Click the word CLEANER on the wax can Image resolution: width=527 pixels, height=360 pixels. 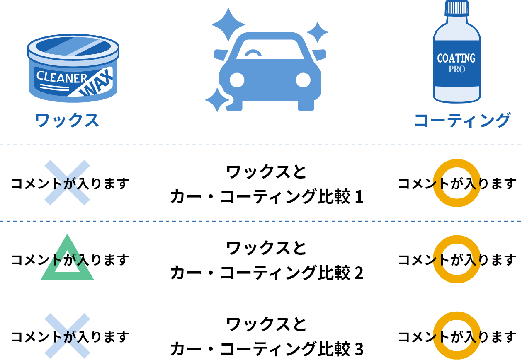pos(61,77)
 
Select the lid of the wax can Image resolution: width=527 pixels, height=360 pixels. pos(73,46)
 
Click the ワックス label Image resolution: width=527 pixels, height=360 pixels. pos(67,121)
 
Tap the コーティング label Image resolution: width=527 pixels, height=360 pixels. pos(462,121)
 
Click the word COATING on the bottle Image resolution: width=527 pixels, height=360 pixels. pos(456,58)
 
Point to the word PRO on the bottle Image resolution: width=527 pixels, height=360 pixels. pos(457,70)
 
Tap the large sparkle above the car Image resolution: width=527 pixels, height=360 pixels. pos(228,24)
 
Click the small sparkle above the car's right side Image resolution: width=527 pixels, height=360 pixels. pos(318,32)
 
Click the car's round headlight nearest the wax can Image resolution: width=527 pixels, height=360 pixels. pos(237,80)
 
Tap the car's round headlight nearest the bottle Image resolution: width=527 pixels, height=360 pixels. pos(303,80)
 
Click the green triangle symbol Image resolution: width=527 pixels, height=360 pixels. pos(67,259)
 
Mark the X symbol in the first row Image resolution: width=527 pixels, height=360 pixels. pos(67,183)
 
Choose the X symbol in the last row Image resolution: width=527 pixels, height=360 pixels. pos(67,336)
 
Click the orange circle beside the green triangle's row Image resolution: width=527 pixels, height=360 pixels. pos(457,259)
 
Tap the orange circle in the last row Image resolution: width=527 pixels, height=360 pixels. pos(457,336)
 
